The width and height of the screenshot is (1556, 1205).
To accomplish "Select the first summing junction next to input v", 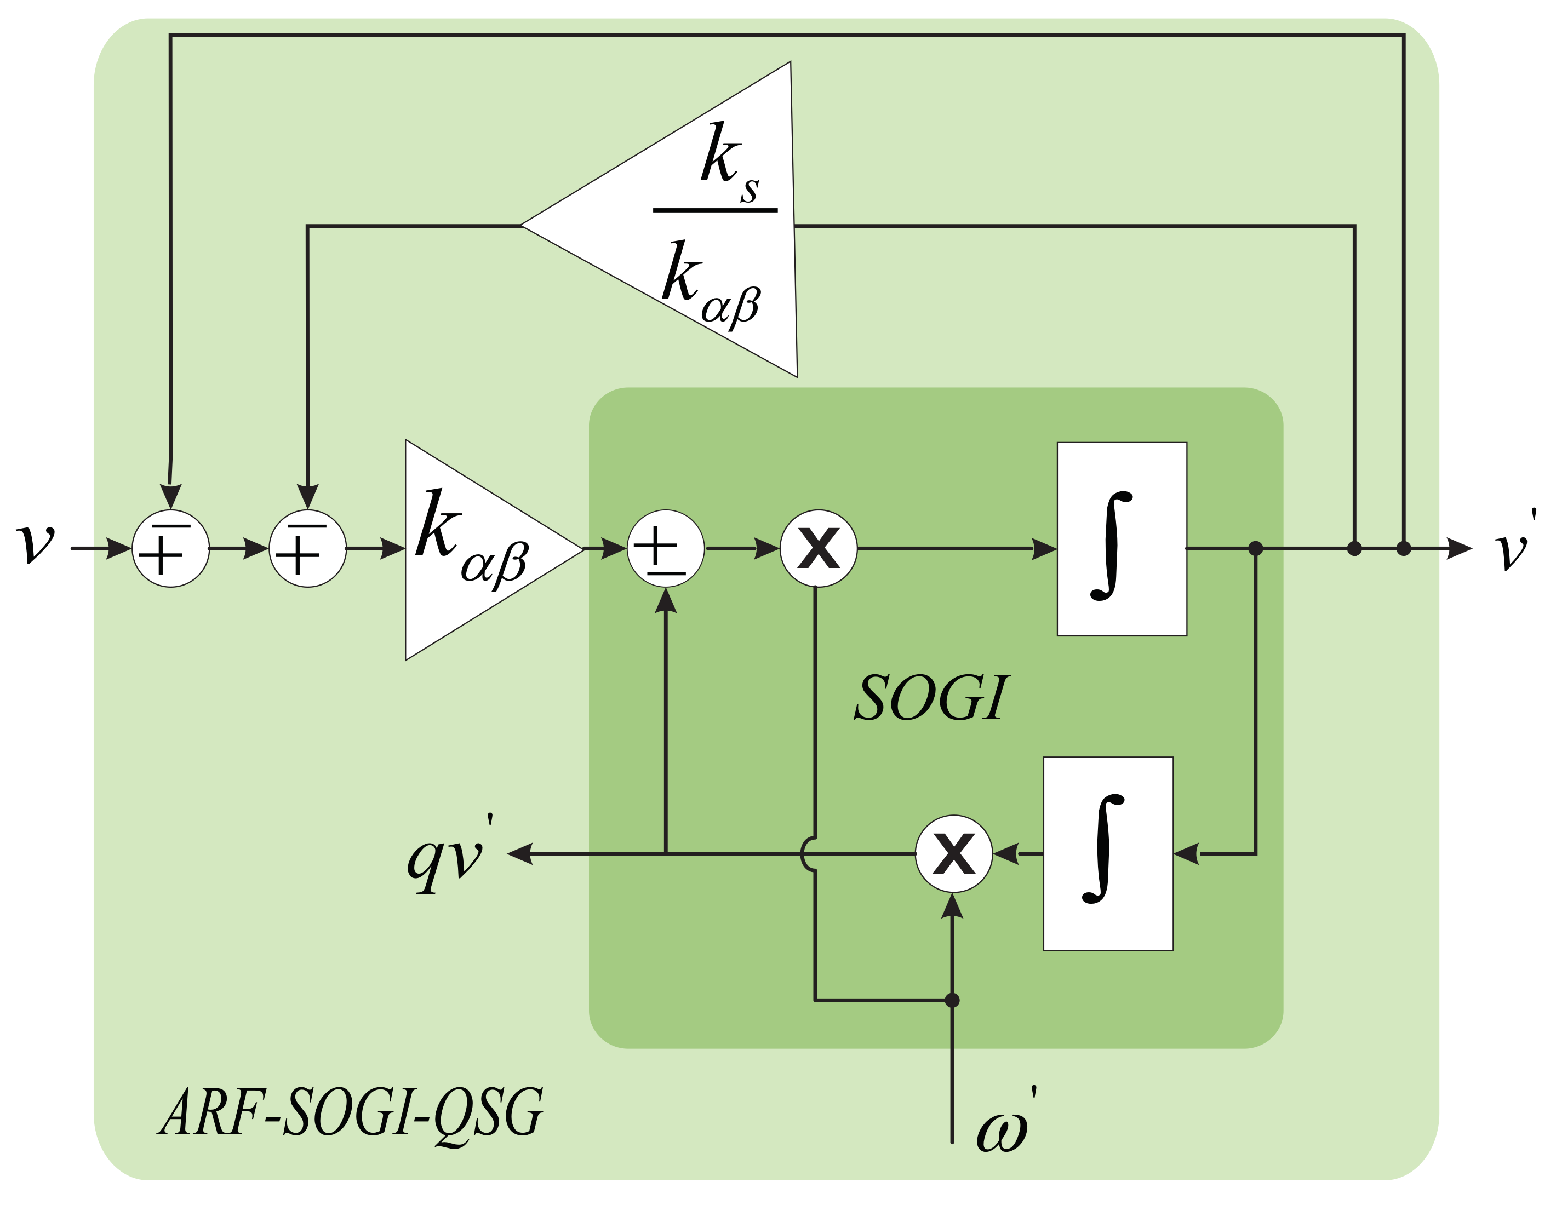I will point(171,548).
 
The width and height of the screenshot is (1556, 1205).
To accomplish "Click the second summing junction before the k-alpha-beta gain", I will point(308,548).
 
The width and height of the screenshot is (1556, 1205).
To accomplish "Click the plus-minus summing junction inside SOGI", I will point(666,548).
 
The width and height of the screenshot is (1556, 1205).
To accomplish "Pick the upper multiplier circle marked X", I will point(819,548).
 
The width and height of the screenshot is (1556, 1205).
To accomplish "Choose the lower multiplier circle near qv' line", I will point(953,853).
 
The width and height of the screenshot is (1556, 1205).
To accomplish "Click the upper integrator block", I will point(1122,539).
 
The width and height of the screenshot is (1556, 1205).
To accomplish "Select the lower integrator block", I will point(1108,853).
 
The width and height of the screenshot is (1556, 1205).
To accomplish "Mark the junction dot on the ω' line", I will point(952,1001).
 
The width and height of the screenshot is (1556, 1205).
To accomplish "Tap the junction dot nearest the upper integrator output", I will point(1255,548).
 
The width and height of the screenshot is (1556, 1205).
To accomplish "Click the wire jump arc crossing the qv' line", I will point(806,854).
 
